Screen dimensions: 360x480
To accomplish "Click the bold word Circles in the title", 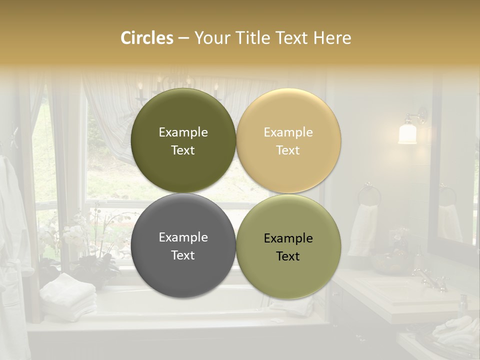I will [147, 38].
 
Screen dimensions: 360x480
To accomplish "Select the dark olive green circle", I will [183, 140].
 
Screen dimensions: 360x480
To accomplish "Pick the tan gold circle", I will [288, 140].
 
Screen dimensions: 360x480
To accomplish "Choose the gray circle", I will [183, 246].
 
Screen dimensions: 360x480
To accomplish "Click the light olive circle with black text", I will [288, 246].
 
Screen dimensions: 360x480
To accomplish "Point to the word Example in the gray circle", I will [183, 237].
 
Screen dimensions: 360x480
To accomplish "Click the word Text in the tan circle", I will [288, 150].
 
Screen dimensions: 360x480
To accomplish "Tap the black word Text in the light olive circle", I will [288, 256].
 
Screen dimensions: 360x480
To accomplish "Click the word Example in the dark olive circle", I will [183, 132].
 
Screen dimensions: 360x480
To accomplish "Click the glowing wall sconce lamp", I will [408, 132].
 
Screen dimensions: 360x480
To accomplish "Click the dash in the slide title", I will [183, 38].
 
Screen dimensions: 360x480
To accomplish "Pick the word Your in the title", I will [210, 38].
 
